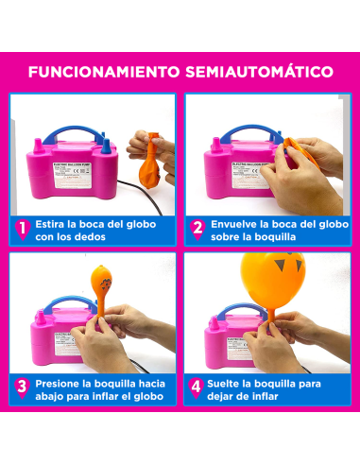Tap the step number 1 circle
21,228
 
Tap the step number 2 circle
197,228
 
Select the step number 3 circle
21,388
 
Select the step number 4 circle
197,388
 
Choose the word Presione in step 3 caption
59,383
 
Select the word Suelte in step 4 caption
230,383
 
